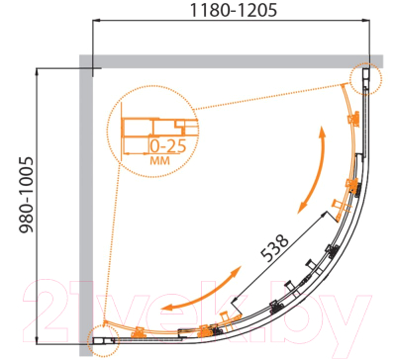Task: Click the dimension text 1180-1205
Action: pyautogui.click(x=234, y=10)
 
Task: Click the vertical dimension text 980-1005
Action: pyautogui.click(x=27, y=195)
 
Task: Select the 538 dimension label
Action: pyautogui.click(x=274, y=247)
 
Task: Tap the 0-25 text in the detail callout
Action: pyautogui.click(x=168, y=146)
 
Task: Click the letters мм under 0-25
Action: pyautogui.click(x=160, y=161)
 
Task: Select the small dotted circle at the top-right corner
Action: pyautogui.click(x=365, y=79)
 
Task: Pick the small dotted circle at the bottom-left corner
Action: pyautogui.click(x=103, y=341)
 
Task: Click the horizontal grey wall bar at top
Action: pyautogui.click(x=231, y=61)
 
